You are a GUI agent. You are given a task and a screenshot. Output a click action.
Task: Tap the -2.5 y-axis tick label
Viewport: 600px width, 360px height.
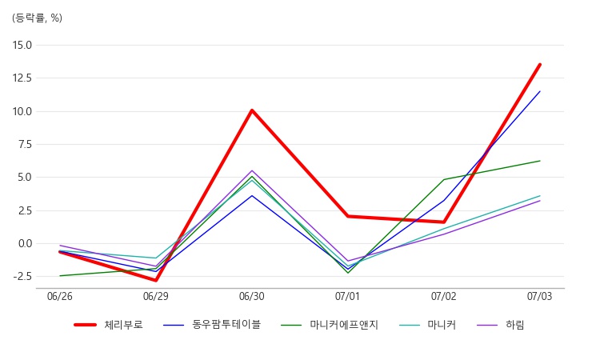tap(22, 277)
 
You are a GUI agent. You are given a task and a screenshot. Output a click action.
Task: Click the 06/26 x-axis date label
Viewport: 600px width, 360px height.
tap(60, 297)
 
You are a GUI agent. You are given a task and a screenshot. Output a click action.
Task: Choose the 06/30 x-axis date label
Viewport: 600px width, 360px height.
tap(252, 297)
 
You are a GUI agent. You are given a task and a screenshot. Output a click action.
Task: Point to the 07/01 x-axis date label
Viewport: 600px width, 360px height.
tap(348, 297)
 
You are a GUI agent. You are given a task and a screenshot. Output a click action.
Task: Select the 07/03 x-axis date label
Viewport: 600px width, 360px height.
tap(540, 297)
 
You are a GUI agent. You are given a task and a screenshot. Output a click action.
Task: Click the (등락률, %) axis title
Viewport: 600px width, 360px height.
tap(37, 18)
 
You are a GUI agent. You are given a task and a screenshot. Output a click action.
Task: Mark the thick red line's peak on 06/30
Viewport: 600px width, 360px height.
tap(252, 110)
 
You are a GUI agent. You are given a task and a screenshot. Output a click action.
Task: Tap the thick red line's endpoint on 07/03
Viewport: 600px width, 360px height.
tap(540, 65)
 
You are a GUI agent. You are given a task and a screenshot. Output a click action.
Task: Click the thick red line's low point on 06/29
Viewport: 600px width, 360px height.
tap(156, 280)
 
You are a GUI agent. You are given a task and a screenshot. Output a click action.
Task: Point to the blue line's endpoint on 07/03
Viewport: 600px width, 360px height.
tap(540, 91)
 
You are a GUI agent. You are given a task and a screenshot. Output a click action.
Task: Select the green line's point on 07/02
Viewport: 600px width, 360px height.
tap(444, 179)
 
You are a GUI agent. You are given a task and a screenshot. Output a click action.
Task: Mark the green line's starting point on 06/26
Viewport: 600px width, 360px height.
tap(60, 276)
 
